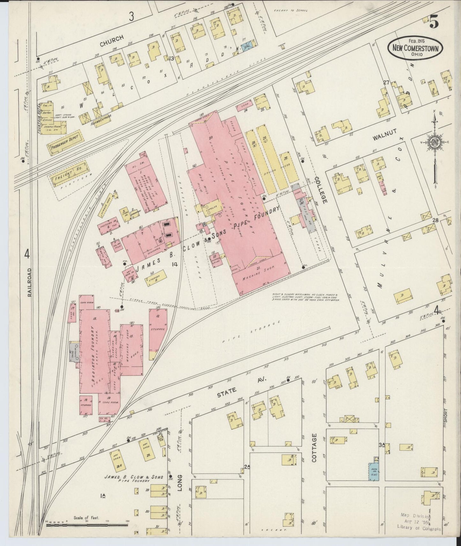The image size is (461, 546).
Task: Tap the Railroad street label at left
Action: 30,283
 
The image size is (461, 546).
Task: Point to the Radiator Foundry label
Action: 94,348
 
